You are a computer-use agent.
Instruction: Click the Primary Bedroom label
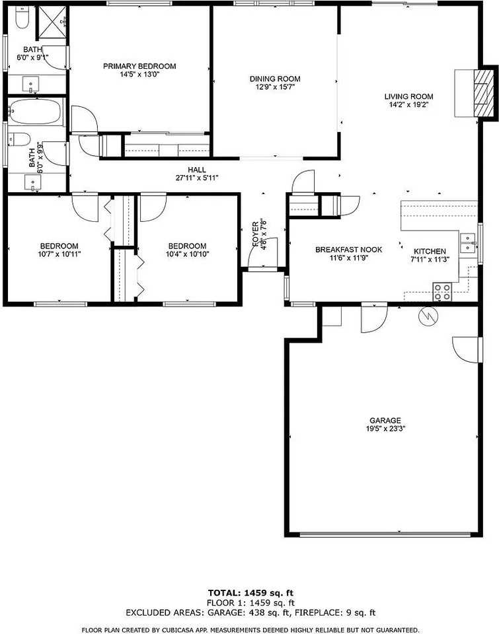[139, 66]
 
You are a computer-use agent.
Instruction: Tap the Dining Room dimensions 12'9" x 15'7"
[276, 87]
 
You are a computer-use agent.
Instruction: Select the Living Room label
[408, 96]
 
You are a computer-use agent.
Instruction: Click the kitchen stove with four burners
[442, 291]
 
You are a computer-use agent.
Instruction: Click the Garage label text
[385, 421]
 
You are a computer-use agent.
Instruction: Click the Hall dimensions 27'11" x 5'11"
[196, 178]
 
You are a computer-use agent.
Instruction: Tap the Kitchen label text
[430, 251]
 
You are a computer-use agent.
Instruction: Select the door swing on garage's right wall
[465, 347]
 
